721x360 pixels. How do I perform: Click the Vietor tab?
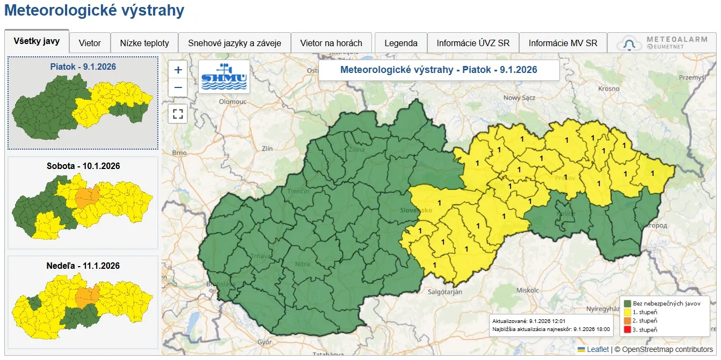[90, 43]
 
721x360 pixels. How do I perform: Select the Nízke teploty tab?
[144, 43]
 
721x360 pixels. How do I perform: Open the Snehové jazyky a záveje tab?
[235, 43]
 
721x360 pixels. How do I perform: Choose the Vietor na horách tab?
[331, 43]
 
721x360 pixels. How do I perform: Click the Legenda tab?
[401, 43]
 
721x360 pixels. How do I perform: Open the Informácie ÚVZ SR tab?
[473, 43]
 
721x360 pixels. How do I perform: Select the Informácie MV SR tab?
[563, 43]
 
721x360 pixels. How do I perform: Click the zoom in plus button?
[178, 70]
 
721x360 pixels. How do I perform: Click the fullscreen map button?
[178, 114]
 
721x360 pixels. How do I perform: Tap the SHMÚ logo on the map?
[224, 76]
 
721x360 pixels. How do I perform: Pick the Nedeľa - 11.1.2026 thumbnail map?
[83, 304]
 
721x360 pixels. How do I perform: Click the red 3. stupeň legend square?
[627, 329]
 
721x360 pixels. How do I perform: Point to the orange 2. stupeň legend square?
[627, 321]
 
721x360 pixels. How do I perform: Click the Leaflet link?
[598, 349]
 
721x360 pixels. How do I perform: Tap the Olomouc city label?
[232, 101]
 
